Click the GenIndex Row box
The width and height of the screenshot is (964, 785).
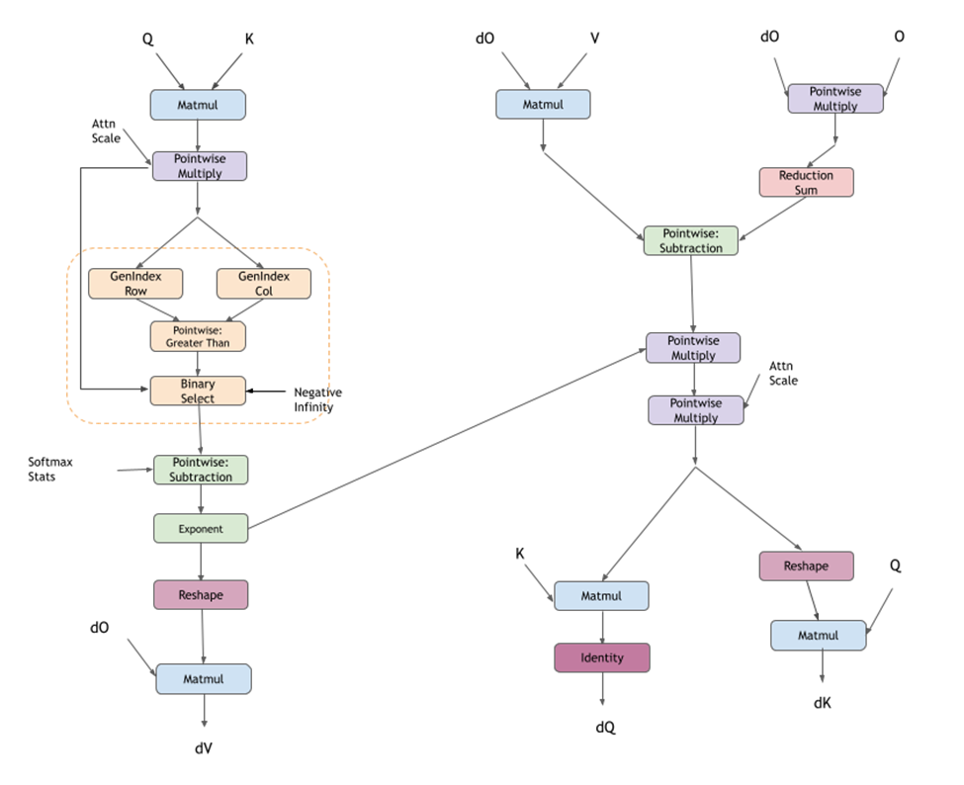point(135,284)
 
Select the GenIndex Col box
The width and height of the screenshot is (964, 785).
point(264,284)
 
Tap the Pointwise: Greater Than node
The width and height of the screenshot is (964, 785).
point(198,336)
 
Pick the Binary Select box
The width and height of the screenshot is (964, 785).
point(198,392)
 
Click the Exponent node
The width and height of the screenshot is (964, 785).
point(201,529)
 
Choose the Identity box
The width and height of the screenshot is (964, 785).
point(602,657)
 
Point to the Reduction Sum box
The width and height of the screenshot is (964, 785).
point(806,182)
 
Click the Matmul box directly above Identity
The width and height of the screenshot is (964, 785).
point(601,596)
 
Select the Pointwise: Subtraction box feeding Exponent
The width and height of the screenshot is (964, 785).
point(202,470)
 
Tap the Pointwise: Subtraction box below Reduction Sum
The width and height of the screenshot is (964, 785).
point(691,241)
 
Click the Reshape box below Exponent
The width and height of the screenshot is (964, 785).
point(201,594)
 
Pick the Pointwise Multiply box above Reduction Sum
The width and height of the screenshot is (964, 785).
point(834,99)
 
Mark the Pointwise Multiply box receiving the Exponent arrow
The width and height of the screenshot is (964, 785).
point(693,348)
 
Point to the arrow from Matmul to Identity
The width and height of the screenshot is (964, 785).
point(602,627)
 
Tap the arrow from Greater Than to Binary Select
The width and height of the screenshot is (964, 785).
point(198,364)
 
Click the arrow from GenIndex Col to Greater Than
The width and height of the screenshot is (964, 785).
point(237,309)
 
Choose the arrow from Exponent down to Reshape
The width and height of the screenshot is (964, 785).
point(201,562)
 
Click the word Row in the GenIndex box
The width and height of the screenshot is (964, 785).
point(135,292)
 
